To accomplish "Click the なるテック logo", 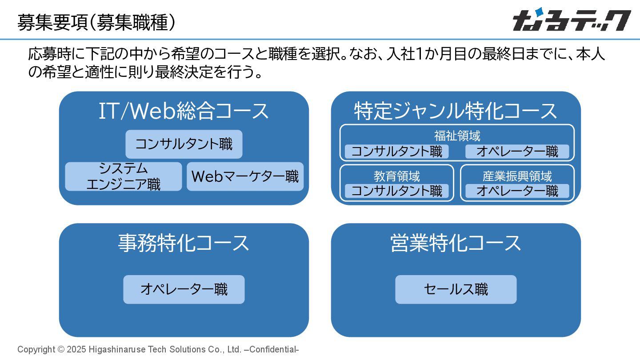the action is coord(572,20).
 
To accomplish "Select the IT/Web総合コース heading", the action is coord(184,111).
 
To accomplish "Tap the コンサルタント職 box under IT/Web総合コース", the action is coord(184,144).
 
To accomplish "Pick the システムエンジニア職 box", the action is coord(124,176).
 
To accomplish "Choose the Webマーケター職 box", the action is coord(245,176).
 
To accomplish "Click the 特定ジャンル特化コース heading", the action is coord(456,111).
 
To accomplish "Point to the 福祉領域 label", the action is coord(457,136).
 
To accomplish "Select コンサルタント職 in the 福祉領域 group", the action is coord(396,152).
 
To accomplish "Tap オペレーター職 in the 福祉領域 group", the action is coord(517,152).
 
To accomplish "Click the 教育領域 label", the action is coord(396,176).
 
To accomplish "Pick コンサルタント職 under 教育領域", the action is coord(396,191).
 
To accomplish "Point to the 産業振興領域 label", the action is coord(517,176).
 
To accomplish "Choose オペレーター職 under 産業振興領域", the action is coord(517,191).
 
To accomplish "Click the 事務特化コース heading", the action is coord(184,243).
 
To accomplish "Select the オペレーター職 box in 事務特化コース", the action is coord(184,289).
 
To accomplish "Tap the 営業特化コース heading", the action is coord(456,243).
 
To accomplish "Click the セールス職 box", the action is coord(456,289).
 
